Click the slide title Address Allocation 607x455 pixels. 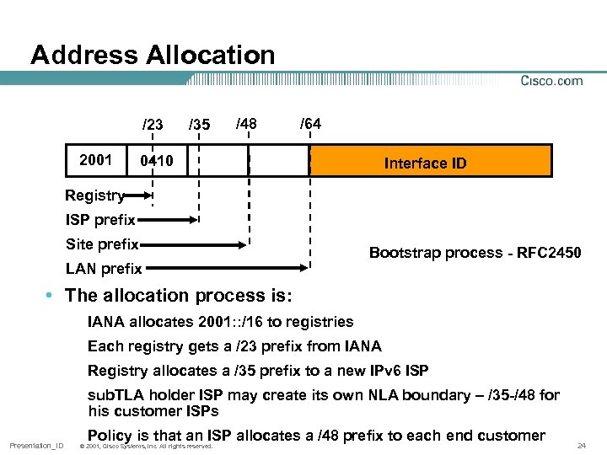[153, 56]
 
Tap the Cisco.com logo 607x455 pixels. [551, 81]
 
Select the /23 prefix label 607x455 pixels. [153, 125]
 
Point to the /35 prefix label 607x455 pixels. [199, 125]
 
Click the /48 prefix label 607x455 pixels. [246, 124]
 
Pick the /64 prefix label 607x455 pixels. [309, 124]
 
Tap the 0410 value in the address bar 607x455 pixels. [157, 161]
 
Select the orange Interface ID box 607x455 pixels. [430, 161]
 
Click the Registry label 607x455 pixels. [94, 196]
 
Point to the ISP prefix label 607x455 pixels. [100, 221]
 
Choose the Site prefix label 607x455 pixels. [102, 244]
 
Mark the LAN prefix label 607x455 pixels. [104, 270]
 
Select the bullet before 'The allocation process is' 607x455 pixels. [51, 296]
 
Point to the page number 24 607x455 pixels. [581, 445]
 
